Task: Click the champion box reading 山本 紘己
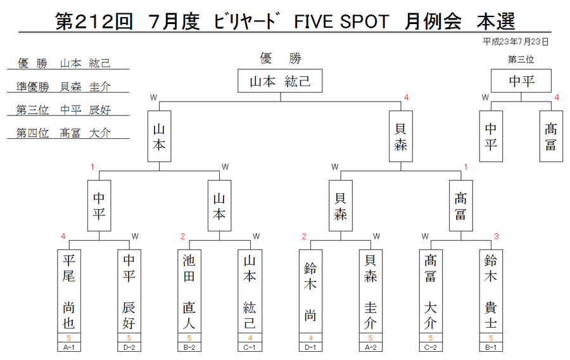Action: [280, 80]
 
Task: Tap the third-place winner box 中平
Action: [521, 80]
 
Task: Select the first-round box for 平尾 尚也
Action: [69, 291]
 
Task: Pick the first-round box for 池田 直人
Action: [189, 291]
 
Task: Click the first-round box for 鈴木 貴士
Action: [491, 291]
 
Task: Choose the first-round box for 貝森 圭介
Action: [370, 291]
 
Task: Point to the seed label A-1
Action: [69, 347]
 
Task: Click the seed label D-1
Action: [310, 347]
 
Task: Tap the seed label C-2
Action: [431, 347]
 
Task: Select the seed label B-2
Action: [189, 347]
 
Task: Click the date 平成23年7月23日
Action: [516, 42]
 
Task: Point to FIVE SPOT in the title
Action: [341, 22]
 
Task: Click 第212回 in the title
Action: [94, 22]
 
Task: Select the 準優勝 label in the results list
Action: [33, 87]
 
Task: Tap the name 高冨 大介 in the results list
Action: [85, 132]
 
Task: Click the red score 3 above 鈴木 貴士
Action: [496, 236]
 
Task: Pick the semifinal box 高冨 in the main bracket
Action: [460, 206]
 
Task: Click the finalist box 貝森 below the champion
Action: [401, 136]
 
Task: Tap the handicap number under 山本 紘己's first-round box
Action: [250, 338]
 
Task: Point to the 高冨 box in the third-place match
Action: [551, 136]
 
